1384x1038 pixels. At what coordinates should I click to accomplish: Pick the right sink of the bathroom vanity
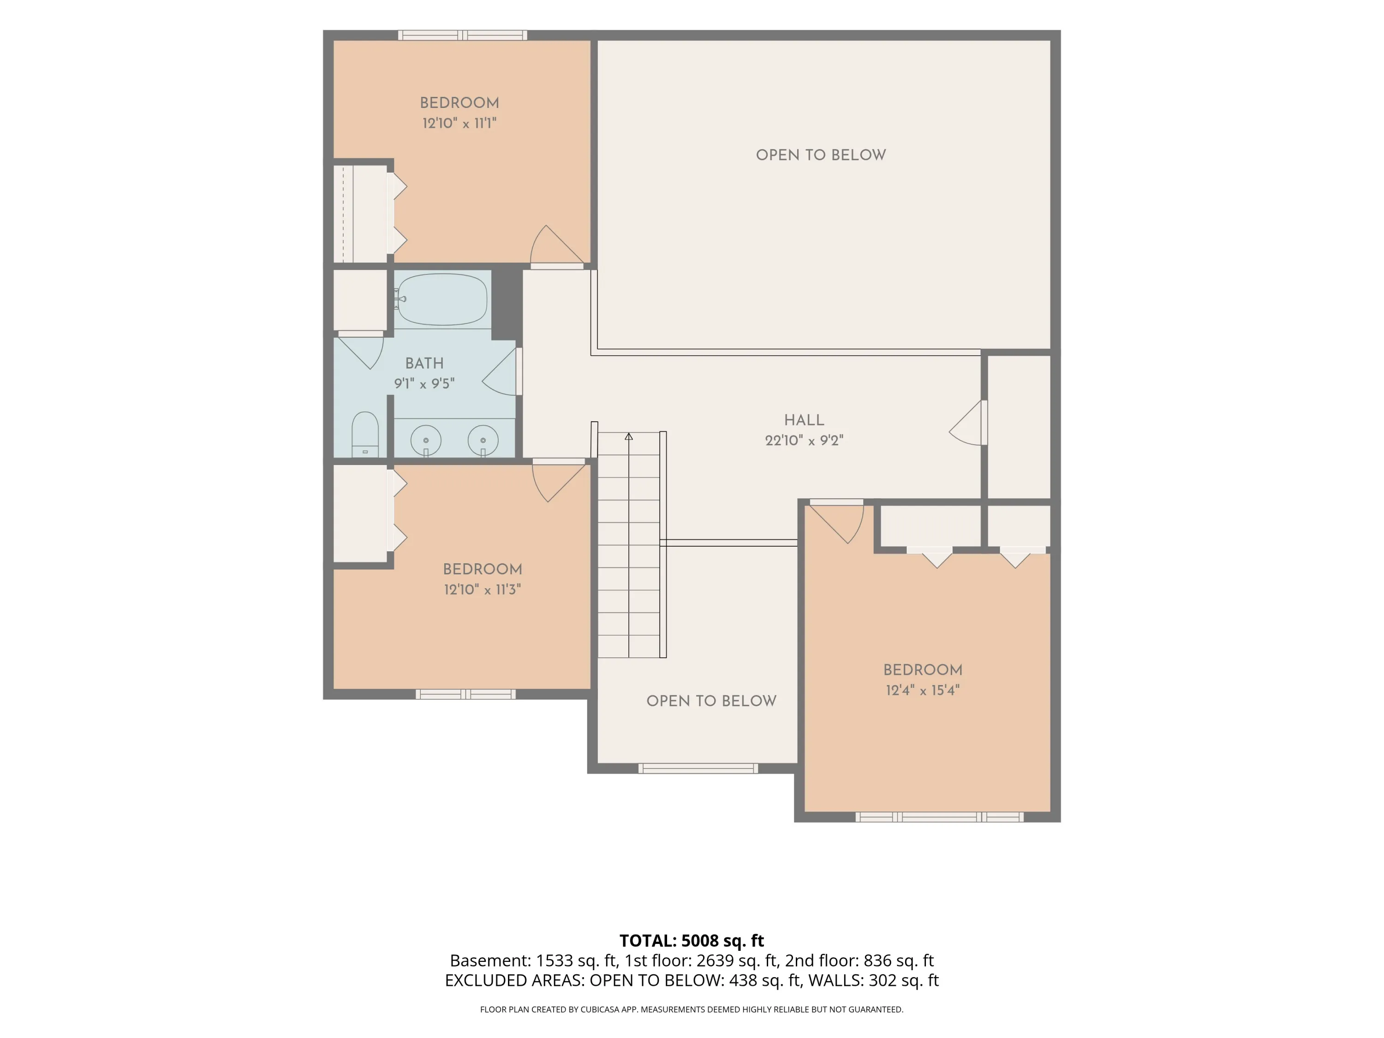tap(483, 441)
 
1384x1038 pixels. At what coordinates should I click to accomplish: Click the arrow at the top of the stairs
tap(629, 436)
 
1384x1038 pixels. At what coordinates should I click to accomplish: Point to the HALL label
tap(804, 420)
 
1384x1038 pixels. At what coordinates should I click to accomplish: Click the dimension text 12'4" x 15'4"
tap(923, 690)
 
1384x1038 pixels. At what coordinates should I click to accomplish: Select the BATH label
tap(424, 364)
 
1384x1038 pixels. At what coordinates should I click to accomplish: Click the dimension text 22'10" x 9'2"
tap(804, 441)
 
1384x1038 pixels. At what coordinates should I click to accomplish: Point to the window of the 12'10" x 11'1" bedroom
tap(463, 35)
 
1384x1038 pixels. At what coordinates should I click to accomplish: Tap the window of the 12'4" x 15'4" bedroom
tap(940, 817)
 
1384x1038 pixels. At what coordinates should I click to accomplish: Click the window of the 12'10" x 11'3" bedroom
tap(466, 694)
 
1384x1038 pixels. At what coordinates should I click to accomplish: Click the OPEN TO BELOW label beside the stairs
tap(711, 701)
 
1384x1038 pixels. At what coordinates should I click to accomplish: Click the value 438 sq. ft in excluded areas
tap(764, 980)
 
